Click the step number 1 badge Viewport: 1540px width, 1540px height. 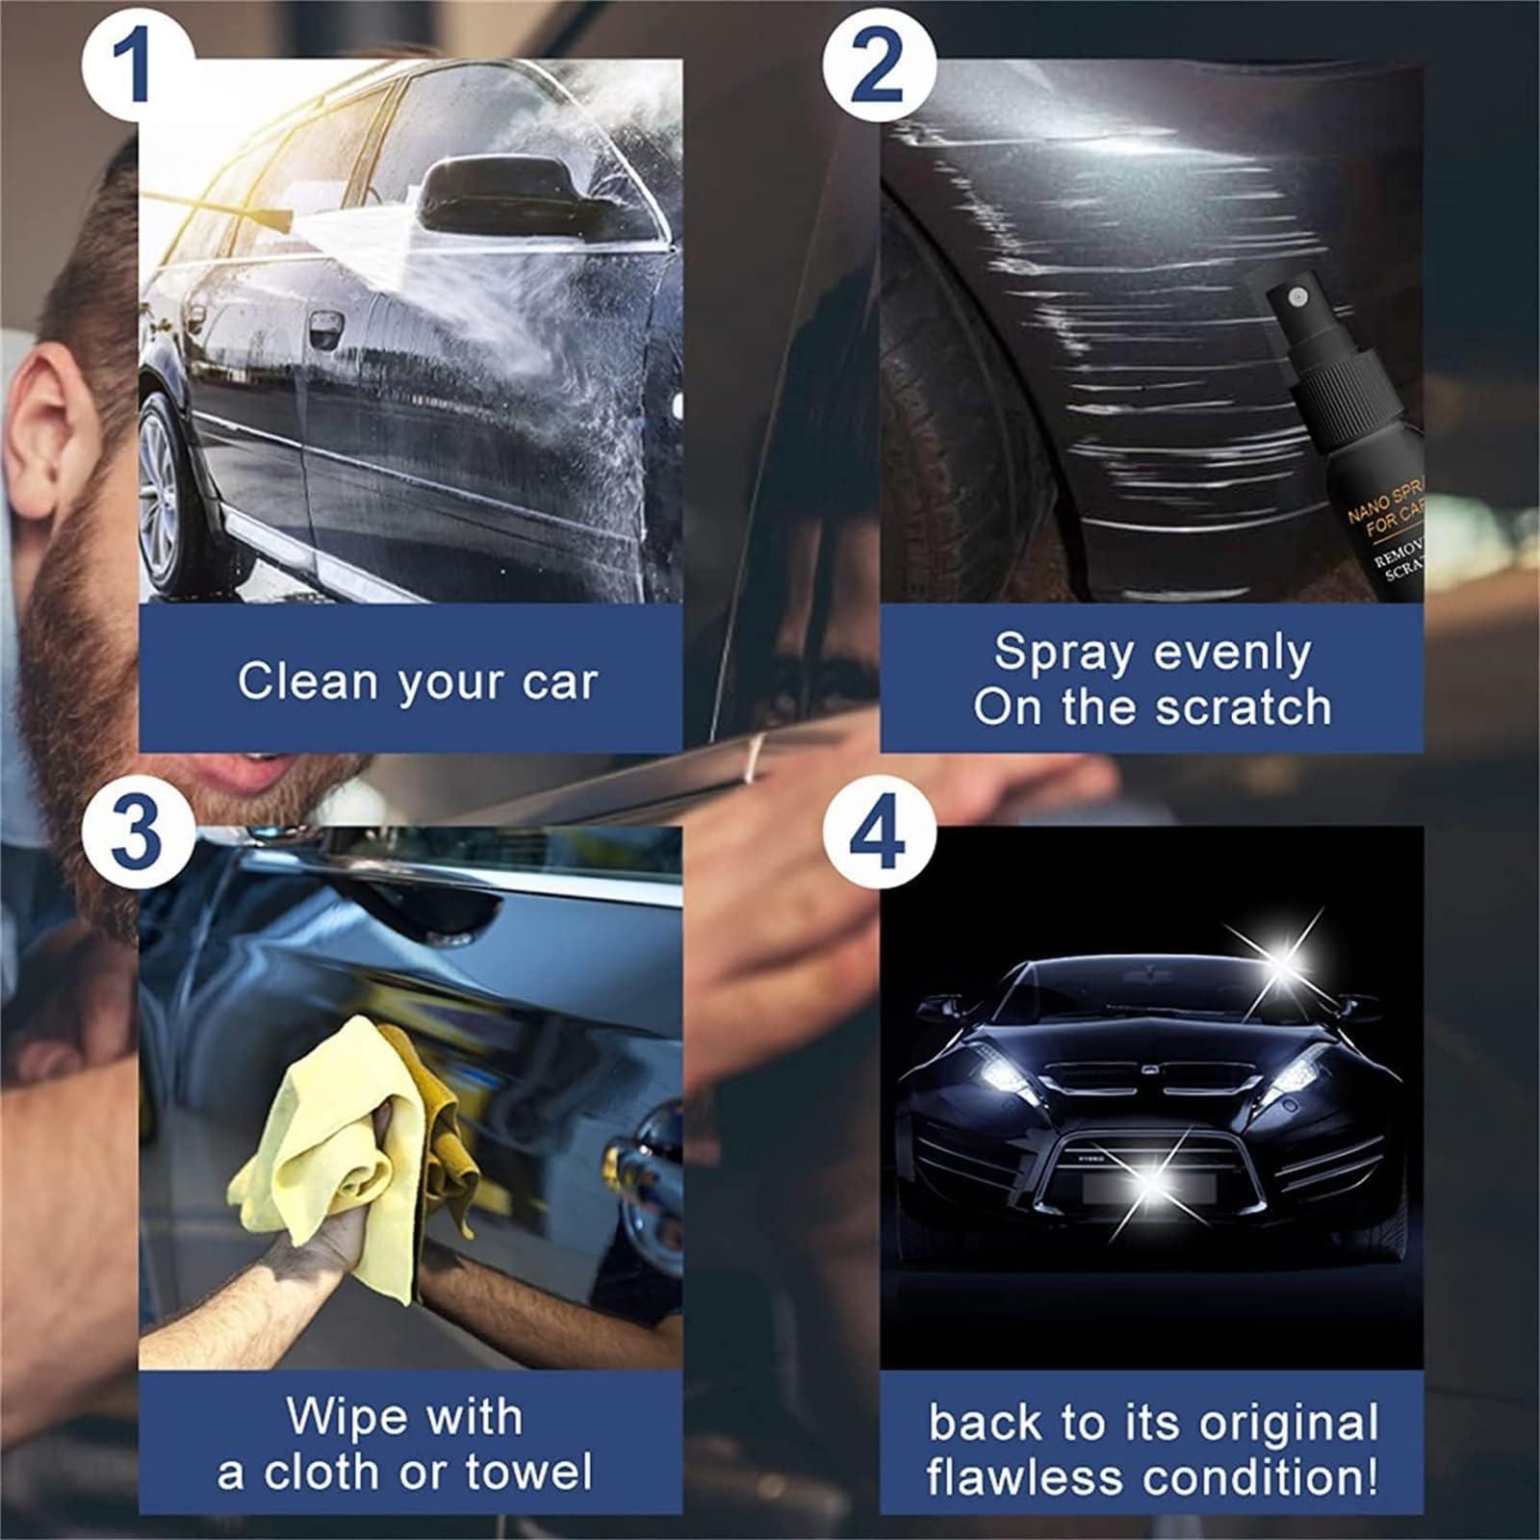pyautogui.click(x=134, y=66)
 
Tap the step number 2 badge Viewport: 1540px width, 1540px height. pyautogui.click(x=878, y=66)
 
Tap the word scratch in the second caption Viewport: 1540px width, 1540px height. pyautogui.click(x=1244, y=707)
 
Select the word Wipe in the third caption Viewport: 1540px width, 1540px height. pyautogui.click(x=333, y=1416)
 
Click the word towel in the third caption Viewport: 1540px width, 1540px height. pyautogui.click(x=528, y=1472)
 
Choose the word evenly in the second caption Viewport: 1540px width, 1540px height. pyautogui.click(x=1233, y=653)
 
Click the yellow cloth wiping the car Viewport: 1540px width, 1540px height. pyautogui.click(x=318, y=1145)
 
